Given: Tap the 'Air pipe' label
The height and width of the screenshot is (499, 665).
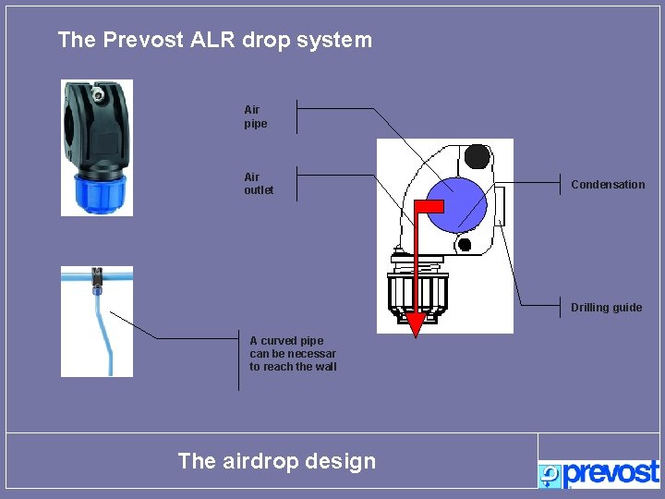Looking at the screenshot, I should tap(255, 116).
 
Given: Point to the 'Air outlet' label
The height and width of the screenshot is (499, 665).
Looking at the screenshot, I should tap(259, 183).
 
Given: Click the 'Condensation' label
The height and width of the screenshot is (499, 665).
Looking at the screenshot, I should tap(608, 185).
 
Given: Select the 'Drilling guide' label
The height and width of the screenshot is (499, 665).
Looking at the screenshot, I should tap(606, 308).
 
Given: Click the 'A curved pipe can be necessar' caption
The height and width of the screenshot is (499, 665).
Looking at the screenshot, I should tap(293, 354).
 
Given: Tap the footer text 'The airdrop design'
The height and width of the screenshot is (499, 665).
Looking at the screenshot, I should tap(276, 461).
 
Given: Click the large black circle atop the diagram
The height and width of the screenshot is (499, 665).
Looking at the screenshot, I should tap(477, 155).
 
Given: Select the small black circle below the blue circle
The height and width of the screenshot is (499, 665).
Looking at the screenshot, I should tap(465, 245).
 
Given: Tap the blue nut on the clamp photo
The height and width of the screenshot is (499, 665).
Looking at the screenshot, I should tap(96, 193).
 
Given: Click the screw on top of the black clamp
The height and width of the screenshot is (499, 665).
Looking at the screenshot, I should tap(97, 92).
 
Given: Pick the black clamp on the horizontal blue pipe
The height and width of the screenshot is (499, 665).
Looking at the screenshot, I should tap(96, 274).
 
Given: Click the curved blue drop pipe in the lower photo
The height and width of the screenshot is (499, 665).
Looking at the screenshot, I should tap(103, 333).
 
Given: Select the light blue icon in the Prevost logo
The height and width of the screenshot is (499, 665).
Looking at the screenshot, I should tap(550, 475).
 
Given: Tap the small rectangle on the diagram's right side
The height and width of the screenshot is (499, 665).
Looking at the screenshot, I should tap(500, 205).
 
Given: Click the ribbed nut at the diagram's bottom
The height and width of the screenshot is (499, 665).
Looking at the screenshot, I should tap(418, 293).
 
